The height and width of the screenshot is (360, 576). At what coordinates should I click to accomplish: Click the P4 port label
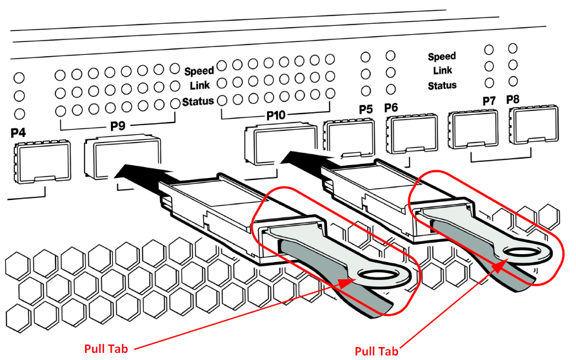click(x=18, y=132)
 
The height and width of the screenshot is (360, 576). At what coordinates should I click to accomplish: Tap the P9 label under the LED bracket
click(x=117, y=126)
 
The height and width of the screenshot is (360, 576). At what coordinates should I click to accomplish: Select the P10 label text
click(x=276, y=115)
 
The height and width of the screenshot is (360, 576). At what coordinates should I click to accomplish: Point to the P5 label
click(x=366, y=109)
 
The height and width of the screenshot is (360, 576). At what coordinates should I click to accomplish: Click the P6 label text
click(x=391, y=108)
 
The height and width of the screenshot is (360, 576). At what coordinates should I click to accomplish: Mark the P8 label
click(x=513, y=99)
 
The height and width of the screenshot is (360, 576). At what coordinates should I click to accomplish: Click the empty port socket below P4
click(x=42, y=162)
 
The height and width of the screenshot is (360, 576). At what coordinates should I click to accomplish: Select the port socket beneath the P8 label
click(x=534, y=125)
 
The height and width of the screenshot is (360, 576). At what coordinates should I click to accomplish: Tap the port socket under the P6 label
click(x=412, y=134)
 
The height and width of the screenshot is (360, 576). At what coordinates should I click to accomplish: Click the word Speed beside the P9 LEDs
click(x=199, y=71)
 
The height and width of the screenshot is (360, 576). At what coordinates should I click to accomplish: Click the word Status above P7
click(x=442, y=86)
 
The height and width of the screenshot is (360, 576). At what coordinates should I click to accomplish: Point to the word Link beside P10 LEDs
click(x=200, y=86)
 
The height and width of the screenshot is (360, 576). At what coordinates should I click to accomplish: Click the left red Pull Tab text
click(x=106, y=348)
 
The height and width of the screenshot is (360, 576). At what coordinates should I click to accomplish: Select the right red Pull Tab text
click(x=377, y=351)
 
